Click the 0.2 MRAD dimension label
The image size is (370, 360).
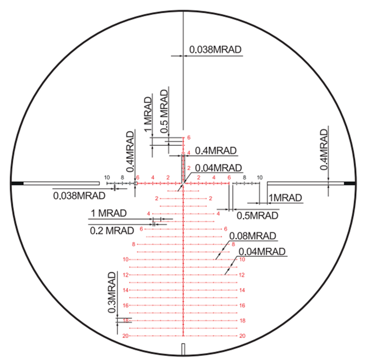112,230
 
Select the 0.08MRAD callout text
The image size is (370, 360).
253,236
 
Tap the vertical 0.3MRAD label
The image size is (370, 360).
112,292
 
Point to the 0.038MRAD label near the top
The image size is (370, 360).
216,50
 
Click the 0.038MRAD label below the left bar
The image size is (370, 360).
79,196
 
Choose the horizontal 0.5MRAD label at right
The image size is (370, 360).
257,216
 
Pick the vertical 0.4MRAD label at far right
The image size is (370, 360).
324,150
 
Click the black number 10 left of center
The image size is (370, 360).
107,178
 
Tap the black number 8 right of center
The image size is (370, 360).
244,178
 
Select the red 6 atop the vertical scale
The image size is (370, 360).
189,137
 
